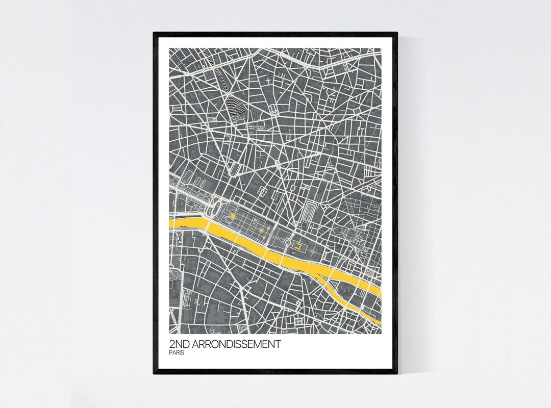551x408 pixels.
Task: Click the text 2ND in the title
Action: click(x=180, y=344)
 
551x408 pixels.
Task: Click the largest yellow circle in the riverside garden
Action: click(x=233, y=217)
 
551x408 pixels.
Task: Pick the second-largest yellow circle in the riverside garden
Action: click(x=261, y=231)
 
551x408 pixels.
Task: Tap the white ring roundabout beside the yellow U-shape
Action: click(x=288, y=242)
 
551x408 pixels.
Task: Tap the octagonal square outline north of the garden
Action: click(x=263, y=191)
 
